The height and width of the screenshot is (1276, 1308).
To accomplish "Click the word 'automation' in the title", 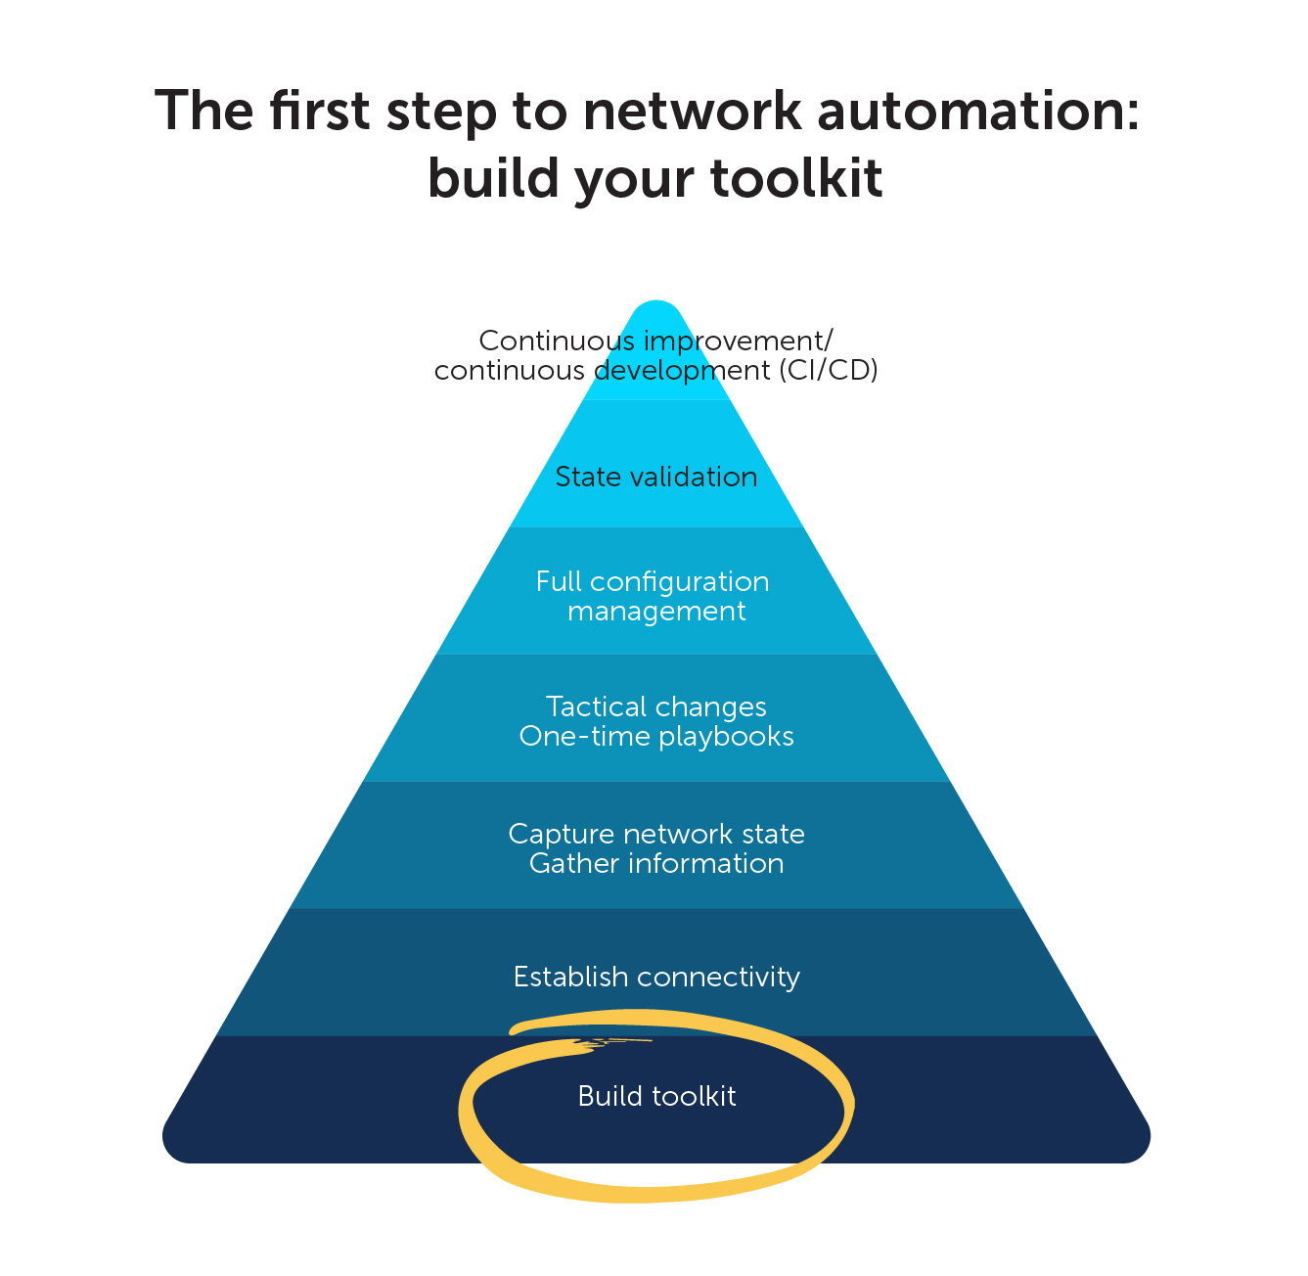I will (978, 111).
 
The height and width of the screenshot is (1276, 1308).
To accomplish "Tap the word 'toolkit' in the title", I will (796, 179).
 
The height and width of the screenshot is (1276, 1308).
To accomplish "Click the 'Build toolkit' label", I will (656, 1096).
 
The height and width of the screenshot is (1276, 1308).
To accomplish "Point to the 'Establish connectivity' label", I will (656, 977).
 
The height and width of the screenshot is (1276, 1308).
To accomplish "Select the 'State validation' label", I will (656, 477).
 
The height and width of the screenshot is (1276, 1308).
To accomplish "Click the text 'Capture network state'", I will (656, 834).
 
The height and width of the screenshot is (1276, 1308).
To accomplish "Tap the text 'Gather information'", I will (656, 863).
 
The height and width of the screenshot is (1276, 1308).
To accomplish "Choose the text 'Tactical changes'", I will (656, 706).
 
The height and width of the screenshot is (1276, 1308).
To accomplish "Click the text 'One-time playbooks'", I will (656, 736).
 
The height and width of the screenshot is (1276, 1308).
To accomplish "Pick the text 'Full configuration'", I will (653, 581).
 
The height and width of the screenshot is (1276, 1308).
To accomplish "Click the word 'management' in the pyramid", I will (656, 612).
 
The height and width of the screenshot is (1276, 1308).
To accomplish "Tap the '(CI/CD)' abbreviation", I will (829, 371).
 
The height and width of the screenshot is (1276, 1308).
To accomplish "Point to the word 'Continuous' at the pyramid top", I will (556, 341).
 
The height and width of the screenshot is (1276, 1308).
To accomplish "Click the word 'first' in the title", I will (319, 111).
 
